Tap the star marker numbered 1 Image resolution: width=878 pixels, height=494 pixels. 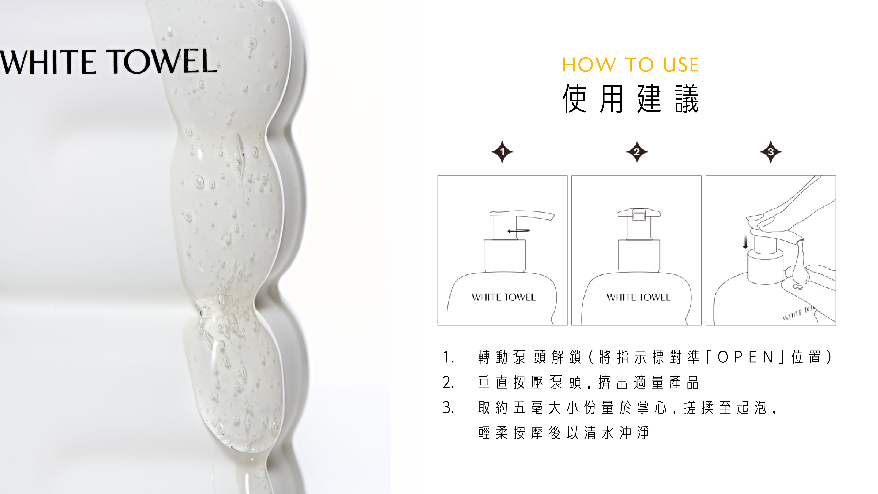click(502, 152)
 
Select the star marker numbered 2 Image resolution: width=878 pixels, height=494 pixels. click(637, 152)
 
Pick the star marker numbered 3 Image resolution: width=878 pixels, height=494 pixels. click(771, 152)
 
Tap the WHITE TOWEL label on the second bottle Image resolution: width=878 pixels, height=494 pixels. click(638, 297)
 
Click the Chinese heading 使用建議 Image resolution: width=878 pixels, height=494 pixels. click(631, 99)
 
